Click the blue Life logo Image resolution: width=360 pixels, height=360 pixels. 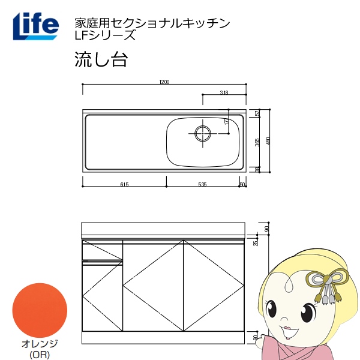(35, 25)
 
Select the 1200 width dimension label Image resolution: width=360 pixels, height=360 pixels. (165, 82)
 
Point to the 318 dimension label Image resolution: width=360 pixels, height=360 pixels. (224, 92)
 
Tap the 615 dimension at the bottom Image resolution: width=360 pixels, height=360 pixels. (124, 185)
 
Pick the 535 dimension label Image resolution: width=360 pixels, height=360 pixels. (202, 185)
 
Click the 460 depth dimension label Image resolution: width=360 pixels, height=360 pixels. (268, 142)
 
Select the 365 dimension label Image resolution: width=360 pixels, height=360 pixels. (257, 142)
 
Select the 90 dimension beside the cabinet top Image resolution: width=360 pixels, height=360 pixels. (266, 229)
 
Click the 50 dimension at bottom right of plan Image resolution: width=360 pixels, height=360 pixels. (242, 185)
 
